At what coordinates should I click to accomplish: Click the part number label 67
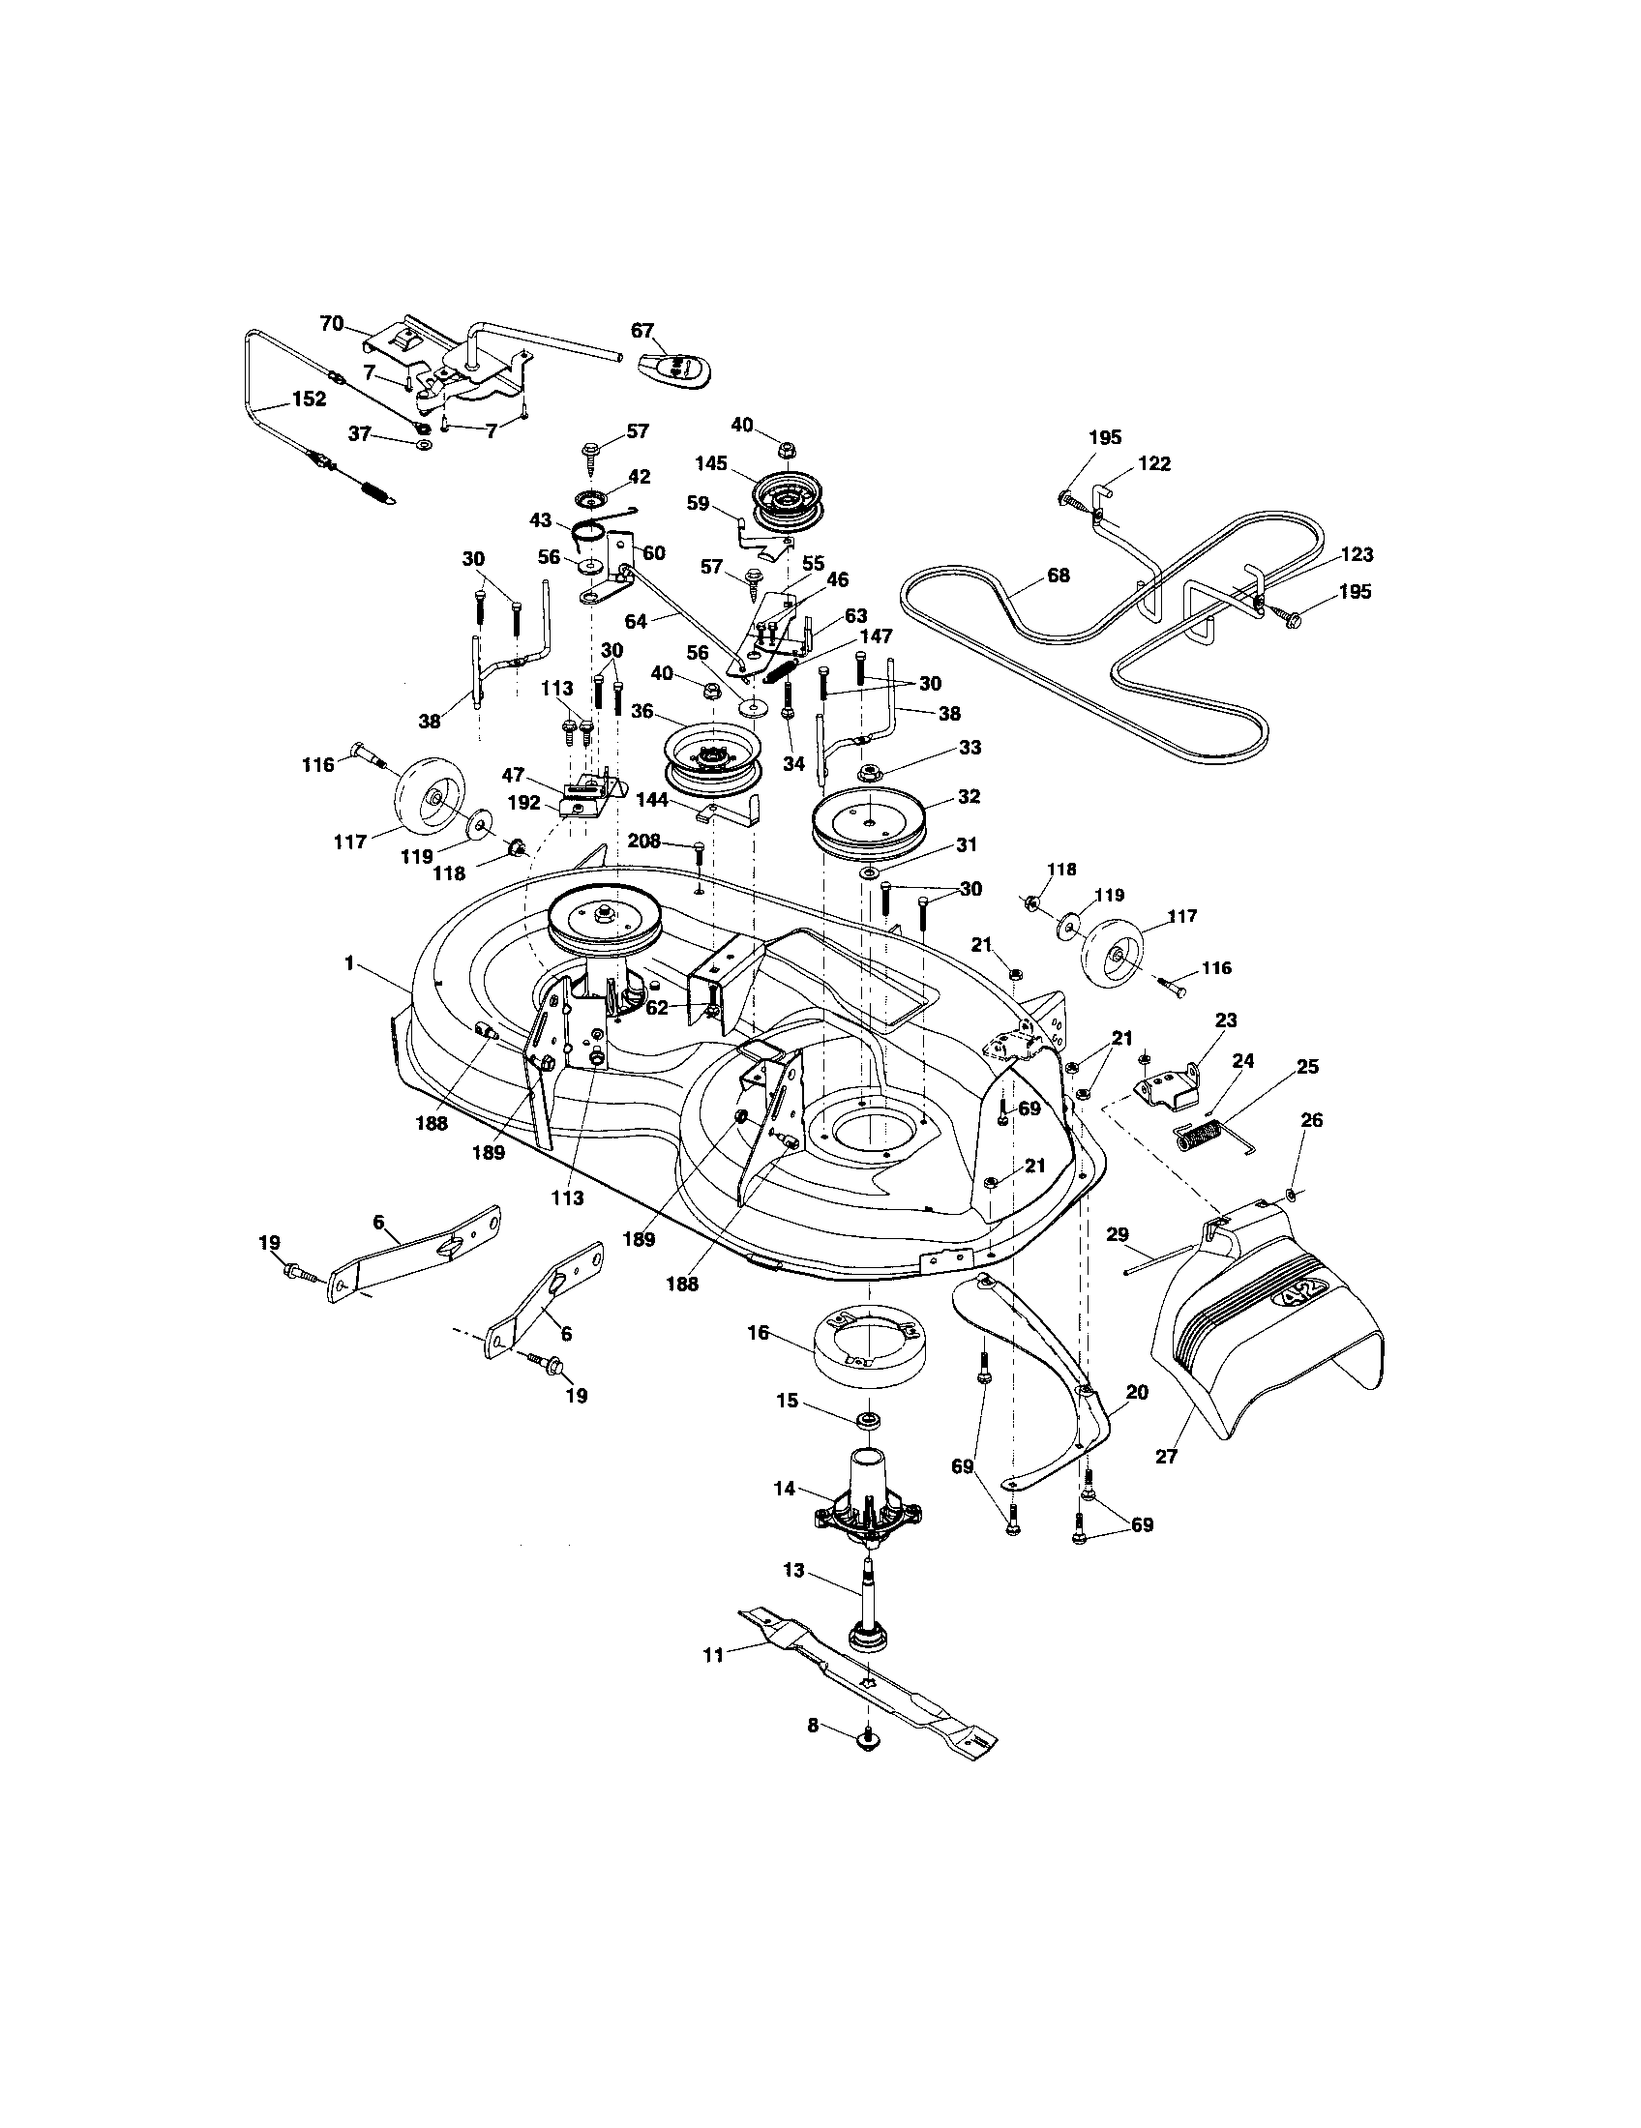click(641, 331)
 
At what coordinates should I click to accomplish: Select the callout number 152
click(309, 399)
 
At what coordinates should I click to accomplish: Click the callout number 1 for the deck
click(348, 962)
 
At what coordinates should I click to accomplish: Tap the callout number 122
click(1153, 463)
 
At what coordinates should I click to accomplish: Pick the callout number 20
click(1136, 1392)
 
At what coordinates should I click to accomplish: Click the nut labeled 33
click(866, 774)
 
